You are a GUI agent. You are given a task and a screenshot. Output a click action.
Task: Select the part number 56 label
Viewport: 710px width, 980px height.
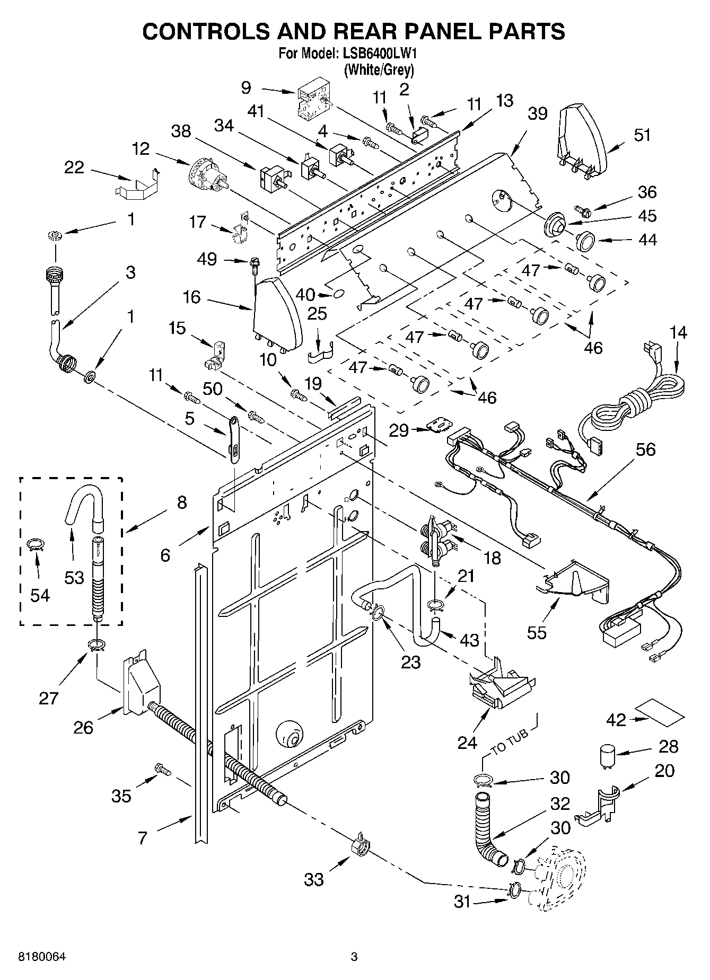point(645,449)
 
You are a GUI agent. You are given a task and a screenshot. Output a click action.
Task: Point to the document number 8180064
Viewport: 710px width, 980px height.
point(42,957)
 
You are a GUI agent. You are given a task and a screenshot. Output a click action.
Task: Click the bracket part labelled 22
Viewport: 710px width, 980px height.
point(137,184)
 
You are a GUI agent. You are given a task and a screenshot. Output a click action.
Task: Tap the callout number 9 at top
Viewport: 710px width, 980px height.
point(246,87)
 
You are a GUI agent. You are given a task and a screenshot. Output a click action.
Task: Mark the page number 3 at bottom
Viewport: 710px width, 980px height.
point(354,957)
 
